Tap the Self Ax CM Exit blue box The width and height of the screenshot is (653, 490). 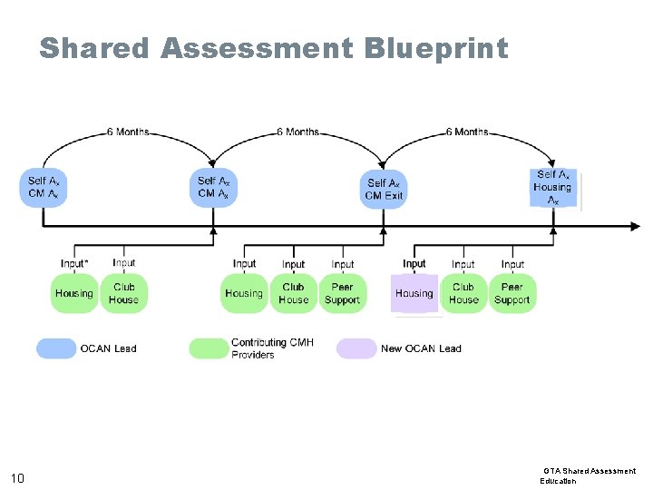click(385, 189)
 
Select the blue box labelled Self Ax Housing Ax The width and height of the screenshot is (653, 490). click(552, 187)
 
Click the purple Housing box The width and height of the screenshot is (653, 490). click(414, 293)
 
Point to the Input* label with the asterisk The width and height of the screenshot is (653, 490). click(74, 264)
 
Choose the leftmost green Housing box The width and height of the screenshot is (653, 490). click(74, 293)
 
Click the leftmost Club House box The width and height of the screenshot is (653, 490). click(124, 293)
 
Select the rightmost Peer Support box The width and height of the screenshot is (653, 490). click(512, 293)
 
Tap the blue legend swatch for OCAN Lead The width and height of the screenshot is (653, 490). click(56, 348)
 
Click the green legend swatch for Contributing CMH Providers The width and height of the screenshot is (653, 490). click(209, 348)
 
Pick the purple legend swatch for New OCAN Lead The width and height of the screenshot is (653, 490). click(356, 348)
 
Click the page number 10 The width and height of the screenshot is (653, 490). click(17, 478)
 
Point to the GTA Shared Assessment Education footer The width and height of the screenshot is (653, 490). click(589, 475)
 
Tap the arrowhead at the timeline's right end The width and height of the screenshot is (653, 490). click(636, 227)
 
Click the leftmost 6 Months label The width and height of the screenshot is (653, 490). click(128, 132)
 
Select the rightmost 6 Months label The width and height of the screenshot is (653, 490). click(467, 132)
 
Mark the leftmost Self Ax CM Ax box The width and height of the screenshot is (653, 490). click(44, 187)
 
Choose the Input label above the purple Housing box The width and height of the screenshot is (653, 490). click(414, 264)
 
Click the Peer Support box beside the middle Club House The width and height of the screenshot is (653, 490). click(343, 293)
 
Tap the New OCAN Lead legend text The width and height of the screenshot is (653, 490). click(421, 348)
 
